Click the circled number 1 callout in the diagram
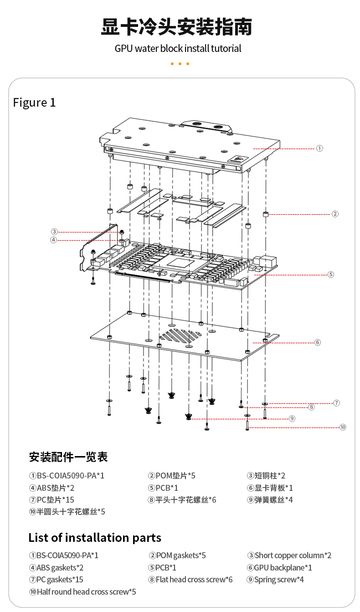(x=319, y=149)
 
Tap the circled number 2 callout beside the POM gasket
(x=335, y=214)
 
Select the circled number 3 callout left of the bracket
(x=54, y=231)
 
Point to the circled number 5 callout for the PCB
(x=330, y=274)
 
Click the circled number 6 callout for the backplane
(x=317, y=342)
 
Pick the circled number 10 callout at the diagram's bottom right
(x=343, y=427)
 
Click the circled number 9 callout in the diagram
(x=292, y=418)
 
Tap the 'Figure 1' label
(x=35, y=103)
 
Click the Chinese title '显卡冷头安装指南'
(x=176, y=27)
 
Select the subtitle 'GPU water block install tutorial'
(x=178, y=49)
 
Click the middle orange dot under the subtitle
(x=180, y=64)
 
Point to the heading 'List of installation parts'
(x=95, y=538)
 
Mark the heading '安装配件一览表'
(x=68, y=457)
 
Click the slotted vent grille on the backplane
(x=180, y=336)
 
